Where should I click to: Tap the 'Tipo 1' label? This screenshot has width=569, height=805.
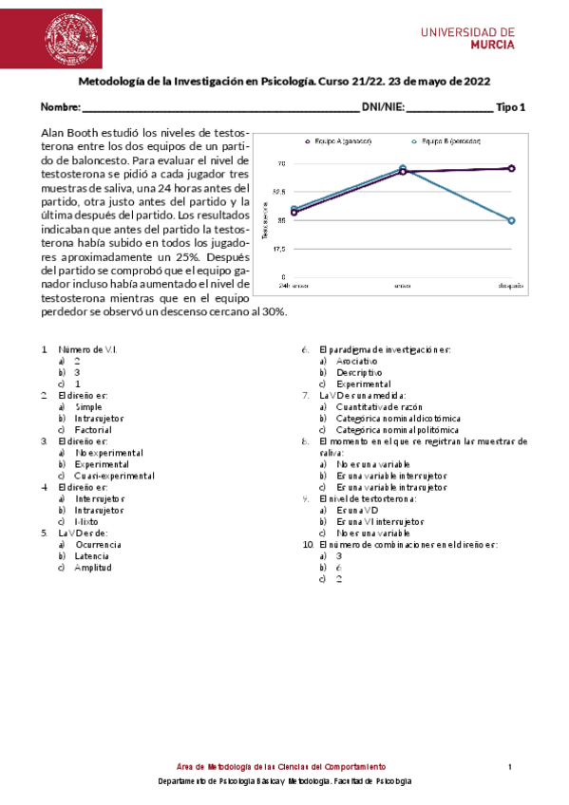point(511,107)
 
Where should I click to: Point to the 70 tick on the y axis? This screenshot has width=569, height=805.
point(281,164)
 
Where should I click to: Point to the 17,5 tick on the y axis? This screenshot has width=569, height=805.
point(279,249)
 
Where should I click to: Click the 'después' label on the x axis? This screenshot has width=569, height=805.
point(511,285)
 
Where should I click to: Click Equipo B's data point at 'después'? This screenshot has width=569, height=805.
point(511,220)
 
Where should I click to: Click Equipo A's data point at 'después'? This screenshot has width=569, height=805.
point(511,168)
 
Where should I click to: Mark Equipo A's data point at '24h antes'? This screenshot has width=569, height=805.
point(294,213)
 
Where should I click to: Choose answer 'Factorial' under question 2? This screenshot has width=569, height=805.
point(93,430)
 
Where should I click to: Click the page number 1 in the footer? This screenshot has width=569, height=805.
point(509,766)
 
